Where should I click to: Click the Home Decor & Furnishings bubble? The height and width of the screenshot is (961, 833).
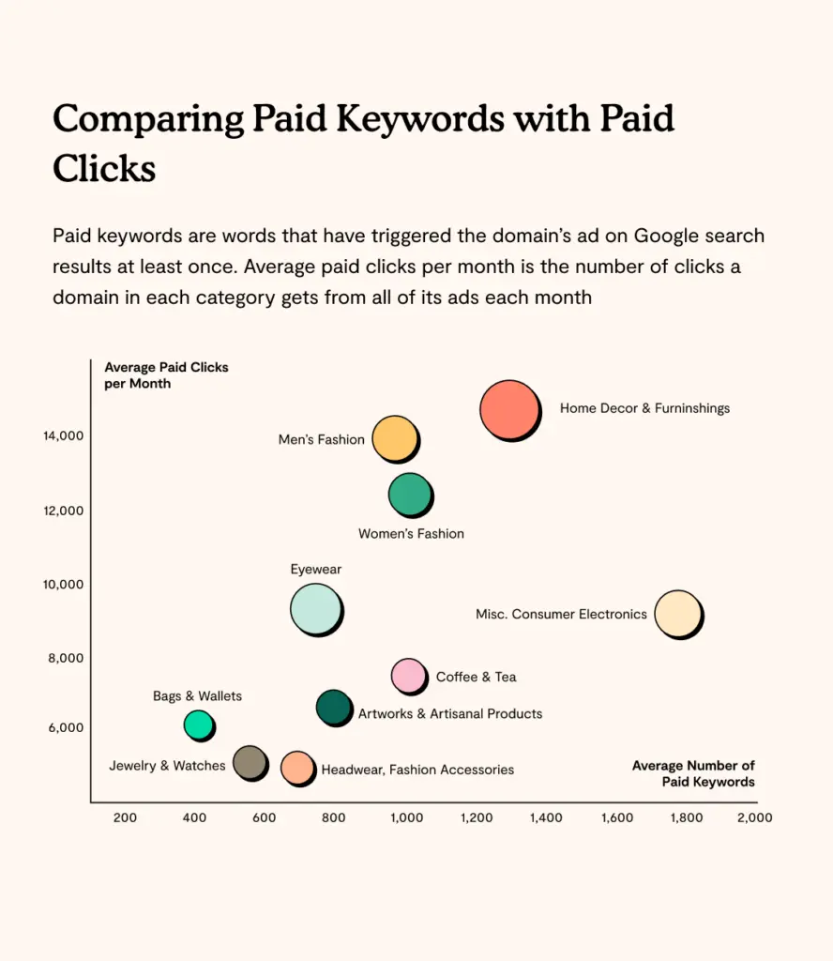coord(509,409)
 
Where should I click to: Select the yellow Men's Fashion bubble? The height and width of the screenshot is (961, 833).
coord(394,438)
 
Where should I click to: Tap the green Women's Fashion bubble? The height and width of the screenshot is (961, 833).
coord(409,495)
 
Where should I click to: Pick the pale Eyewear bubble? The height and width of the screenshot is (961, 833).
coord(315,608)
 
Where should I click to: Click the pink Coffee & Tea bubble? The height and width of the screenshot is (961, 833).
coord(407,675)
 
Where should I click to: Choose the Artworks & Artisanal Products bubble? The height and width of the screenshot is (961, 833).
coord(333,707)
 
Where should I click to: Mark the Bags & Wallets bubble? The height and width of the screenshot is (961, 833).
coord(198,725)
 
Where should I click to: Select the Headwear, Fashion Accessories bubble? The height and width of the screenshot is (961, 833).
coord(296,767)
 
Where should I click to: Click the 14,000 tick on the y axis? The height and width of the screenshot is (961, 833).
coord(64,435)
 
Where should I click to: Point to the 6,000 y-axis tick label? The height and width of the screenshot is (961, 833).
coord(67,728)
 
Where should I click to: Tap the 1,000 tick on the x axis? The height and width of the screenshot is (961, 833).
coord(405,817)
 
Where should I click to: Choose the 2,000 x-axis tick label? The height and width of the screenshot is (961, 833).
coord(755,817)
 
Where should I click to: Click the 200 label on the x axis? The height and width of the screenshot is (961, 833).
coord(125,817)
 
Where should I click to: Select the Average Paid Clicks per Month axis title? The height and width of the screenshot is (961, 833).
coord(166,375)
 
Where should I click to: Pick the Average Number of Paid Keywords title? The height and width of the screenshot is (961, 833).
coord(693,773)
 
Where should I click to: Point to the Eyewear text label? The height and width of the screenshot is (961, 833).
coord(316,570)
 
